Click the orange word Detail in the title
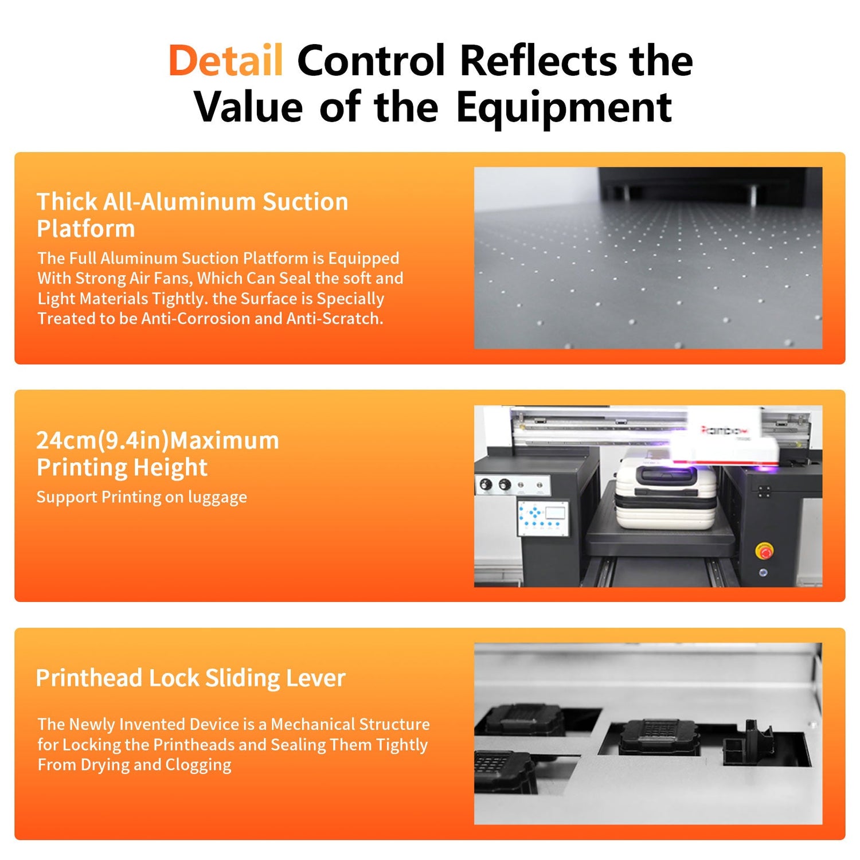(225, 61)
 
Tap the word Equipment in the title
(564, 108)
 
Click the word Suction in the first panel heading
(305, 202)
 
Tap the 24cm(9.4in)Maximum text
(158, 440)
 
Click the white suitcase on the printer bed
(666, 497)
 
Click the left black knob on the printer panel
(486, 485)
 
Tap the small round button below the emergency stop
(763, 573)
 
